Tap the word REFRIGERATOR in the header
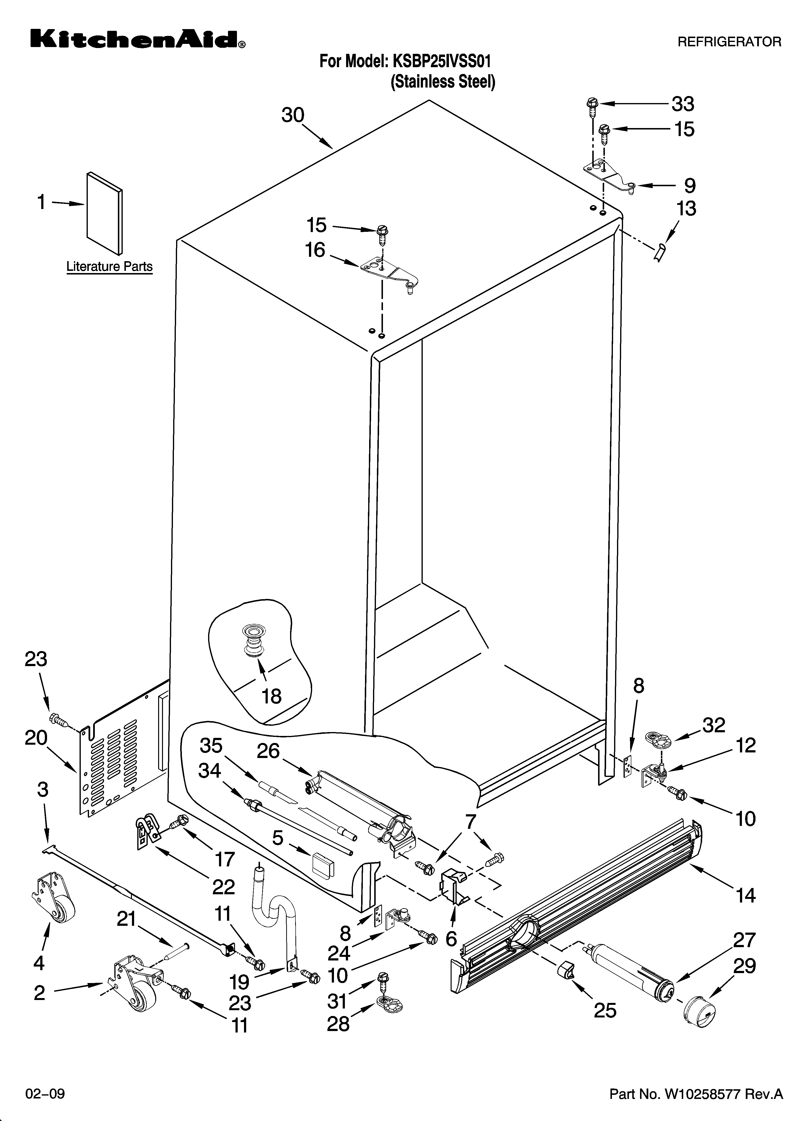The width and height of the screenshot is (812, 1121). (x=729, y=42)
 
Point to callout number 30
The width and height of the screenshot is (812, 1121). (x=293, y=115)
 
